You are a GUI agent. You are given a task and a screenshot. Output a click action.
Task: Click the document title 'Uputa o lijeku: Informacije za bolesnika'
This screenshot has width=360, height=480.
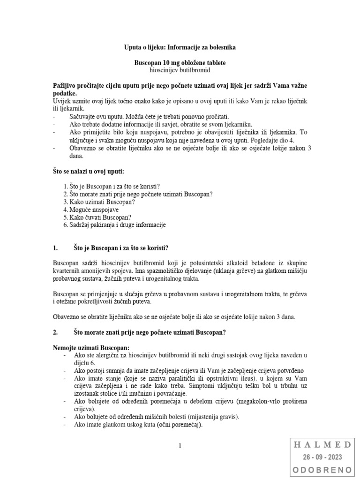[x=180, y=48]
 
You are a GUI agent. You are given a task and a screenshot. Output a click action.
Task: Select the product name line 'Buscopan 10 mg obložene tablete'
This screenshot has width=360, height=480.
[x=180, y=62]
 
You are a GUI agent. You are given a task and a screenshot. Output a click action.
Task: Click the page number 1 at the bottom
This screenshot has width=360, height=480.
[x=180, y=446]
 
